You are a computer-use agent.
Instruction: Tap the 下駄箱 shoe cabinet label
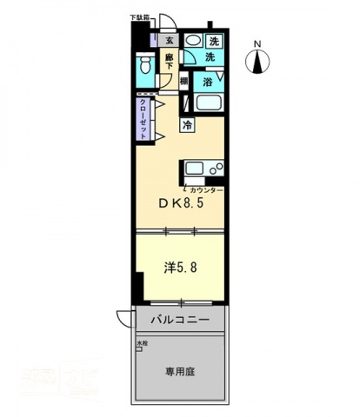click(x=139, y=17)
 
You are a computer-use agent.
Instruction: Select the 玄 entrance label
click(x=170, y=40)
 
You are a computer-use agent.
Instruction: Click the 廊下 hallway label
click(x=170, y=63)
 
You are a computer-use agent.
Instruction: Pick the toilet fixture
click(x=144, y=66)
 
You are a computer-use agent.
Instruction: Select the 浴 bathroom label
click(x=208, y=82)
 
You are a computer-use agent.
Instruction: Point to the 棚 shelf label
click(x=184, y=82)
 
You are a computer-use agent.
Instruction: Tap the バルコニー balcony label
click(x=180, y=321)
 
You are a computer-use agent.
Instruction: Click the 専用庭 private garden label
click(x=181, y=370)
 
